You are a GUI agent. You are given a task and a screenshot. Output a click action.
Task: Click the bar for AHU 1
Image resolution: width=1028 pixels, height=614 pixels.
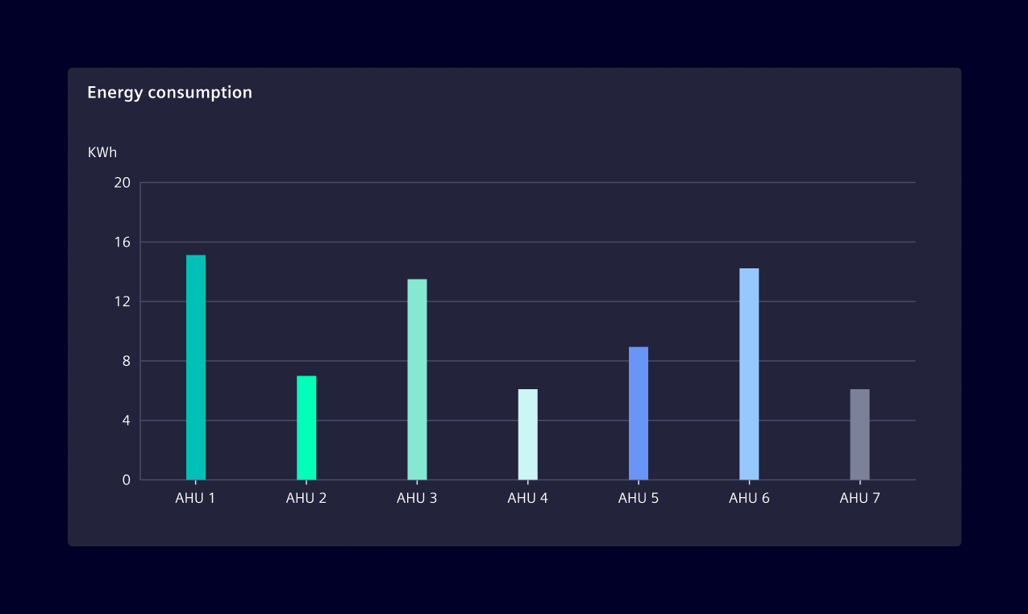196,367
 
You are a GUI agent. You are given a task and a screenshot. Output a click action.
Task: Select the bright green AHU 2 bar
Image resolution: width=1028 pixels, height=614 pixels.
306,428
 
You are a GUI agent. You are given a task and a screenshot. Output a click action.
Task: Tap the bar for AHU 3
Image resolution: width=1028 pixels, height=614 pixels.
417,380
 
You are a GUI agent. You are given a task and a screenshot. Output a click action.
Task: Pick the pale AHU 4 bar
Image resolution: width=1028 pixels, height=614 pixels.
527,434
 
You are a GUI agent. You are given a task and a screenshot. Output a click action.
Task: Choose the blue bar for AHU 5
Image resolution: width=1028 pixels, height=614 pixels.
639,413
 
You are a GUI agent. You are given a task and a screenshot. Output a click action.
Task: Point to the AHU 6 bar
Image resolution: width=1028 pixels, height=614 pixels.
749,374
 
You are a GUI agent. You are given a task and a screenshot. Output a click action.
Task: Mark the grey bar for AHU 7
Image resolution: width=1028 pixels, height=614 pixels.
859,434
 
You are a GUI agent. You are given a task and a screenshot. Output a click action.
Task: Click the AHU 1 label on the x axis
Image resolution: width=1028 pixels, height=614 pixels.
195,498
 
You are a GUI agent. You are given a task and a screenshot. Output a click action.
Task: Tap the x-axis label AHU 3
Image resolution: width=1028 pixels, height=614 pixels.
417,498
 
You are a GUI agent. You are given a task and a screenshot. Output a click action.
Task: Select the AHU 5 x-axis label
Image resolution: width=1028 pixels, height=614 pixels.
639,498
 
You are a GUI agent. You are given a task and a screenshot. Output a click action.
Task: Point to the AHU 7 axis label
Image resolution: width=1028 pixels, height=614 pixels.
859,498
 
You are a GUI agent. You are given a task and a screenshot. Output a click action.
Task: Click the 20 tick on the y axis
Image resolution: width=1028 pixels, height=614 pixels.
122,183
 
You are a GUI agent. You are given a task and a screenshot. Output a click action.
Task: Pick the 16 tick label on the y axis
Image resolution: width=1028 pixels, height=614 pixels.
122,243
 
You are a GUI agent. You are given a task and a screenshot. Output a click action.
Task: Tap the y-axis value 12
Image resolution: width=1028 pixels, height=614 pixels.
122,301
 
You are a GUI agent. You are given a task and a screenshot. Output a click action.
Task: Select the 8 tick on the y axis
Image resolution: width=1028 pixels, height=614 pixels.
126,361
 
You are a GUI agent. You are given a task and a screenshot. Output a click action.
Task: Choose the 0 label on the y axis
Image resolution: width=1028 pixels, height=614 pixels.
126,480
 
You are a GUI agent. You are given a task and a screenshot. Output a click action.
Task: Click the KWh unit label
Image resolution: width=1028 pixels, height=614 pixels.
102,151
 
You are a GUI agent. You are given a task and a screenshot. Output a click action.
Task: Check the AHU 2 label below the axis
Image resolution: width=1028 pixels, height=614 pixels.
306,498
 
